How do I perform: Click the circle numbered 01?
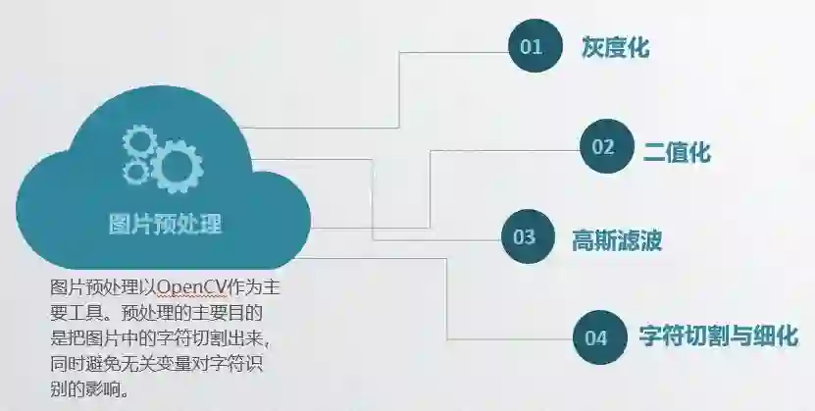[532, 46]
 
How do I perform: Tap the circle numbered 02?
[603, 148]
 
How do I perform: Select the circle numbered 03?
[525, 236]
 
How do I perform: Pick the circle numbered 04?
[596, 338]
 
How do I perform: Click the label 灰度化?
[615, 46]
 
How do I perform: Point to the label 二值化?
[677, 152]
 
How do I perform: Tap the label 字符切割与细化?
[726, 335]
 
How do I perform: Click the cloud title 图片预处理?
[165, 224]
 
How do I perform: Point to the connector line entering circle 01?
[451, 51]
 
